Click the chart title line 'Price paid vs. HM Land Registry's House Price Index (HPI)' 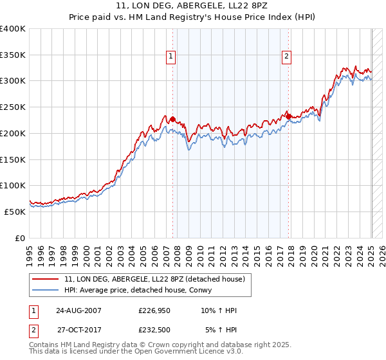[x=193, y=18]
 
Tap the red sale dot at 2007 [x=172, y=119]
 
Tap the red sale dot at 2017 [x=289, y=116]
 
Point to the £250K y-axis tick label [x=13, y=107]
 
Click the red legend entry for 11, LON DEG [x=154, y=280]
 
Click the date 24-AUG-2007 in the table [x=78, y=310]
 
